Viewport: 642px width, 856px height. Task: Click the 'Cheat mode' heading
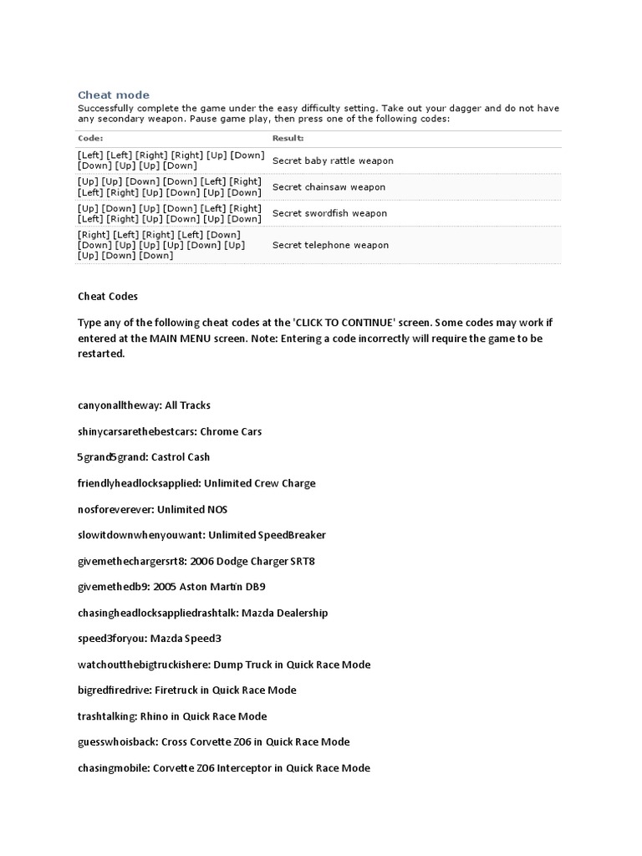point(114,95)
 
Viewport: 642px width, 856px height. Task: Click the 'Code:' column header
point(90,138)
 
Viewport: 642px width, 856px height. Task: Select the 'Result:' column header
point(288,138)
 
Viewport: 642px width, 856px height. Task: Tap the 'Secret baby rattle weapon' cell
point(333,160)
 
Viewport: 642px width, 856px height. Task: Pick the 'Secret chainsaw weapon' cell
point(329,187)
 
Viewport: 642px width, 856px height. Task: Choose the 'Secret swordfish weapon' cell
point(329,213)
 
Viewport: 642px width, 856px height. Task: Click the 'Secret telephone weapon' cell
point(330,245)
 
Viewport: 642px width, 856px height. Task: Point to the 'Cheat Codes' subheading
point(108,296)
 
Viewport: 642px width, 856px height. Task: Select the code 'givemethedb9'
point(113,587)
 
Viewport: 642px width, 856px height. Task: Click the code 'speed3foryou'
point(110,639)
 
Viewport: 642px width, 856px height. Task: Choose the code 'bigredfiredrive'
point(114,690)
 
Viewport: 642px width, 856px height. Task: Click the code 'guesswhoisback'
point(116,742)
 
